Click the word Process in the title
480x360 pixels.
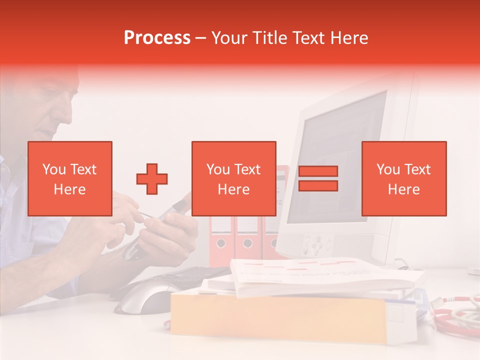[157, 38]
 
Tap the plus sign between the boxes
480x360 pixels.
[152, 178]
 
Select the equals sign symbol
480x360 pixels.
[318, 178]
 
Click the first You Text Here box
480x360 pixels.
[70, 178]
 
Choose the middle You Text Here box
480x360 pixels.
[234, 178]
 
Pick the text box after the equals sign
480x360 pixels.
[404, 178]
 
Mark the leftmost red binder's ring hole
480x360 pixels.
[220, 243]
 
